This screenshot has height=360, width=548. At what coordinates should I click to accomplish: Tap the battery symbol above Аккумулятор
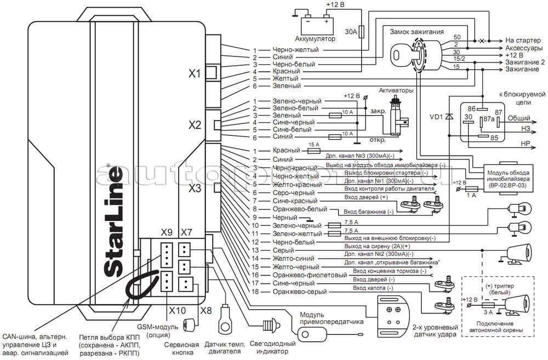click(x=313, y=24)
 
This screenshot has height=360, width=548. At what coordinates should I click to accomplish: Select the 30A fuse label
click(x=351, y=32)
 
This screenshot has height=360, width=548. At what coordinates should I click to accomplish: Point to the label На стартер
click(x=524, y=40)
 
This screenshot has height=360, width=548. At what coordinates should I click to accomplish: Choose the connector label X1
click(x=195, y=73)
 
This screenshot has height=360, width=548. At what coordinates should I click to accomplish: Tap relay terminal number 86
click(x=471, y=110)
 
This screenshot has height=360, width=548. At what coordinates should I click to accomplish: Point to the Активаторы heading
click(x=396, y=90)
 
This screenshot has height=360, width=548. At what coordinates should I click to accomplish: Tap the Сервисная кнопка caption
click(x=181, y=350)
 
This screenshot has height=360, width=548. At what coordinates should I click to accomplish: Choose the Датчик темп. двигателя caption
click(x=224, y=350)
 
